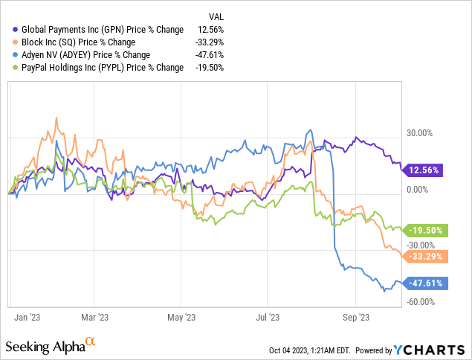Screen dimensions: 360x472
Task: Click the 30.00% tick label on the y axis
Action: coord(417,133)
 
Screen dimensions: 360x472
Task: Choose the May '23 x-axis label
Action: coord(181,317)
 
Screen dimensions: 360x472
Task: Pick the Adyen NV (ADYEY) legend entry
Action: coord(83,55)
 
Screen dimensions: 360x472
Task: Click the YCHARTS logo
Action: coord(426,349)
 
